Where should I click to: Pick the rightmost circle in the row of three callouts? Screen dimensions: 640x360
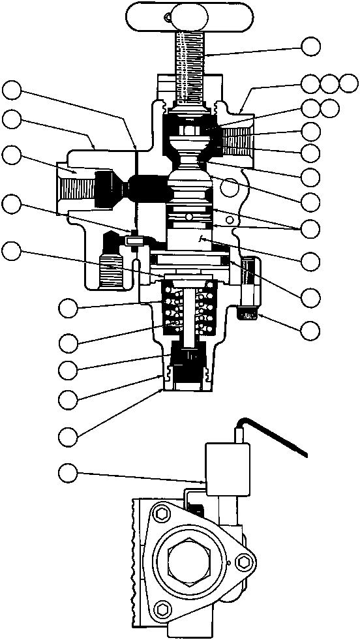350,83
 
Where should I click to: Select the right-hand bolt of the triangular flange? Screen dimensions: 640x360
245,562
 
